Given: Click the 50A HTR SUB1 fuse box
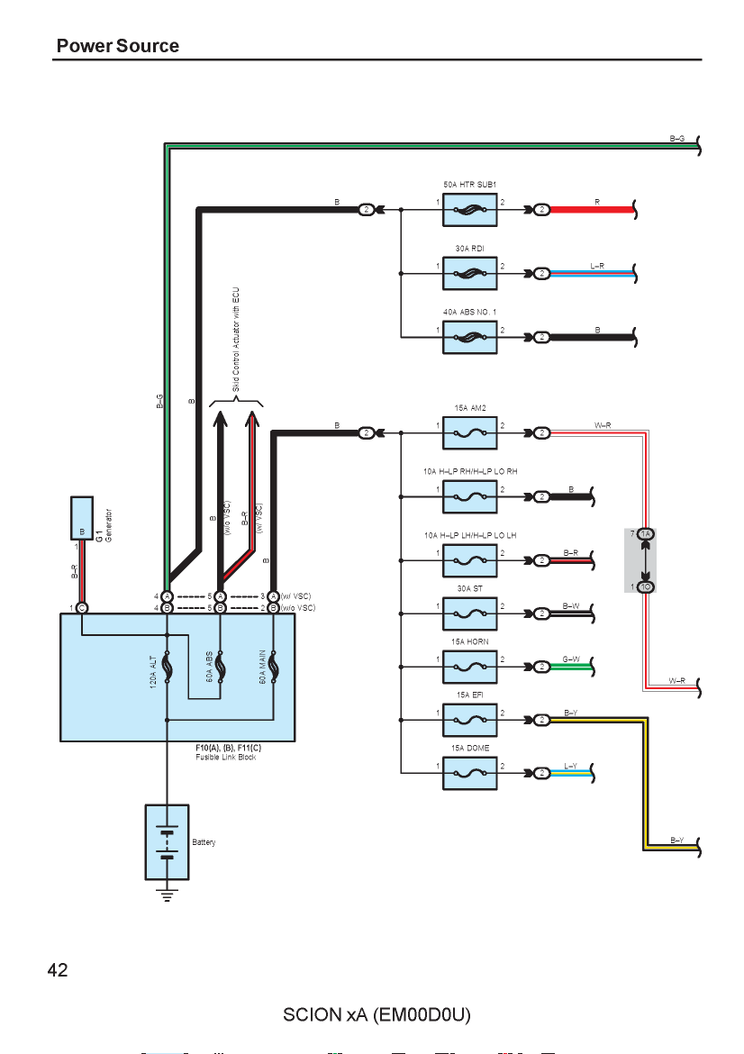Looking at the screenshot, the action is click(x=470, y=210).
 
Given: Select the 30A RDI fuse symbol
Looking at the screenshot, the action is click(x=470, y=274).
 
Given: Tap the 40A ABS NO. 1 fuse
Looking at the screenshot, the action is click(x=470, y=338).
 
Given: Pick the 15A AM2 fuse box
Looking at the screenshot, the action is click(x=470, y=433).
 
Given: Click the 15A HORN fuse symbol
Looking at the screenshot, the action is click(x=470, y=667).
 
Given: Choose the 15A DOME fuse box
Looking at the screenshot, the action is click(x=470, y=773).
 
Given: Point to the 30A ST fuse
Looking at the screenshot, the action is click(x=470, y=613).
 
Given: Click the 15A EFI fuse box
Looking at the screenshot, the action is click(x=470, y=720).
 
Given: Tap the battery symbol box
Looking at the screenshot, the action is click(x=167, y=842).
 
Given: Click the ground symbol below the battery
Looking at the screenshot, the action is click(x=167, y=895).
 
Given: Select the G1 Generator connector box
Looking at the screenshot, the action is click(x=82, y=518).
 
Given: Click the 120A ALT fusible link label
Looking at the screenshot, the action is click(x=153, y=671).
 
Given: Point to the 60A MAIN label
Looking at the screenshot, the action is click(x=262, y=667).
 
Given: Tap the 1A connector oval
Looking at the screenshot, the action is click(x=646, y=533).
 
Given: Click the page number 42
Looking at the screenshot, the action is click(x=58, y=970).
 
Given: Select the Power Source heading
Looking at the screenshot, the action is click(x=118, y=46).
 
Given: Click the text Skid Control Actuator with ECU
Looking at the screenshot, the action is click(x=236, y=340).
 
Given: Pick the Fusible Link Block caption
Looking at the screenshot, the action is click(x=226, y=757).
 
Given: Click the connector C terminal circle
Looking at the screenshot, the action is click(x=82, y=608).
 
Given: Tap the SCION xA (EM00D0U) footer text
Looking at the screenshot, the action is click(x=377, y=1015).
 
